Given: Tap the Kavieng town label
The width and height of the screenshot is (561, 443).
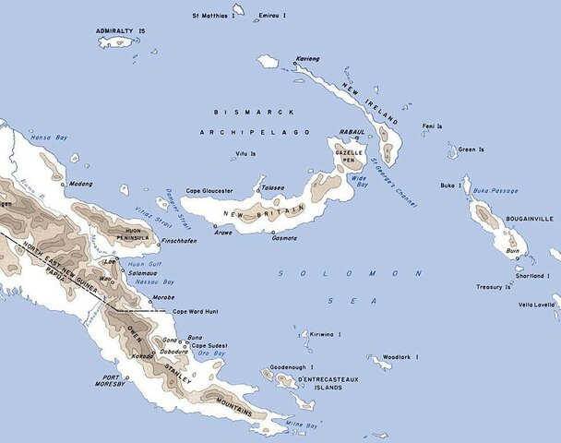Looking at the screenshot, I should click(309, 57).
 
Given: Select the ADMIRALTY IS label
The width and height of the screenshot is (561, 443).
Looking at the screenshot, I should click(122, 31).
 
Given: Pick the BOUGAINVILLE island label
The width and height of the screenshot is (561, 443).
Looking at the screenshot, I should click(528, 221).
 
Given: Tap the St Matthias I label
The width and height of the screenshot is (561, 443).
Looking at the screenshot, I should click(210, 16).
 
